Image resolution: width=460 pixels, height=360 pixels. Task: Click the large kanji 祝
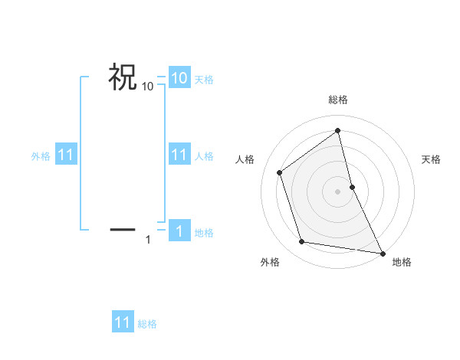123,77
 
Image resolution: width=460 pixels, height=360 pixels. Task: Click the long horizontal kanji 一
123,229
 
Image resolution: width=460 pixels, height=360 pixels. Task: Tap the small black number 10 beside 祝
148,87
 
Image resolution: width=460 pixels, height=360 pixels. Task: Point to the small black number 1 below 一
148,241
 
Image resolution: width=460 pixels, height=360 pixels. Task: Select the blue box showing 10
179,77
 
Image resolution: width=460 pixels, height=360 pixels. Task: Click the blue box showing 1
179,231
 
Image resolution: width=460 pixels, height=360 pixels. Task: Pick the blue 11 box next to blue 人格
179,155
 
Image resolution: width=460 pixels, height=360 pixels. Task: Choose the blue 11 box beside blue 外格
65,155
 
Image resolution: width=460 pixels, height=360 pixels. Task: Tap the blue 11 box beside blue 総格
123,322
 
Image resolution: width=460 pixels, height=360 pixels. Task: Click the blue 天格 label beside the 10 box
204,80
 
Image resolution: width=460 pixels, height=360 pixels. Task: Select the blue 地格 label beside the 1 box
204,233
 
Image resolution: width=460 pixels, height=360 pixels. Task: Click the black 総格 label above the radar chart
338,100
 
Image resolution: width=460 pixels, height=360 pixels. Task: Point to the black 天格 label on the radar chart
432,159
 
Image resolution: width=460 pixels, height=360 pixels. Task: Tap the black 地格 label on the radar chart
402,262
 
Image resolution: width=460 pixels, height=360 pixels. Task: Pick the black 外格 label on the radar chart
270,262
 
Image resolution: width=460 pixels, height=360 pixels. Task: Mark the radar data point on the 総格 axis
338,131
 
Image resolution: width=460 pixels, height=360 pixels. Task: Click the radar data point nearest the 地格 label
382,253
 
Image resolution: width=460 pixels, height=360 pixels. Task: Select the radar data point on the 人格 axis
280,172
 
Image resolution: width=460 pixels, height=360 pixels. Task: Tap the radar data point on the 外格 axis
302,242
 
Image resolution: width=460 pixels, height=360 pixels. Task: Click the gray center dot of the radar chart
338,191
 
